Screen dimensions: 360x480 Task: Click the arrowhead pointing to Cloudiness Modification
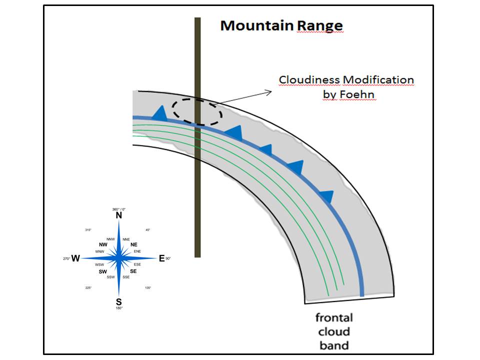click(x=268, y=92)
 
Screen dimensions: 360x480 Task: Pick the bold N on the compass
click(x=119, y=215)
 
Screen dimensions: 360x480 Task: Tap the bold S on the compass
click(x=118, y=301)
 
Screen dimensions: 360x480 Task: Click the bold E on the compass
click(x=161, y=258)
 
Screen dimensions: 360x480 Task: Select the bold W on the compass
click(x=75, y=258)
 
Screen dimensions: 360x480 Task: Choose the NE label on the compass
click(x=134, y=244)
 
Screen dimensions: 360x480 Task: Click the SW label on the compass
click(x=103, y=272)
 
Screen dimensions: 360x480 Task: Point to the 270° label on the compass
click(x=65, y=258)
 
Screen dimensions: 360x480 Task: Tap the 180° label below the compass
click(x=119, y=308)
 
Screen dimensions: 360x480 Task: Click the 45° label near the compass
click(x=147, y=230)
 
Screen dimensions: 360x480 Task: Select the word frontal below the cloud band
click(x=334, y=317)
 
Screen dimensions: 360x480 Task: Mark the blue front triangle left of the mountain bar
click(x=159, y=113)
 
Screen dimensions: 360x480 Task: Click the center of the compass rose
click(x=118, y=258)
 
